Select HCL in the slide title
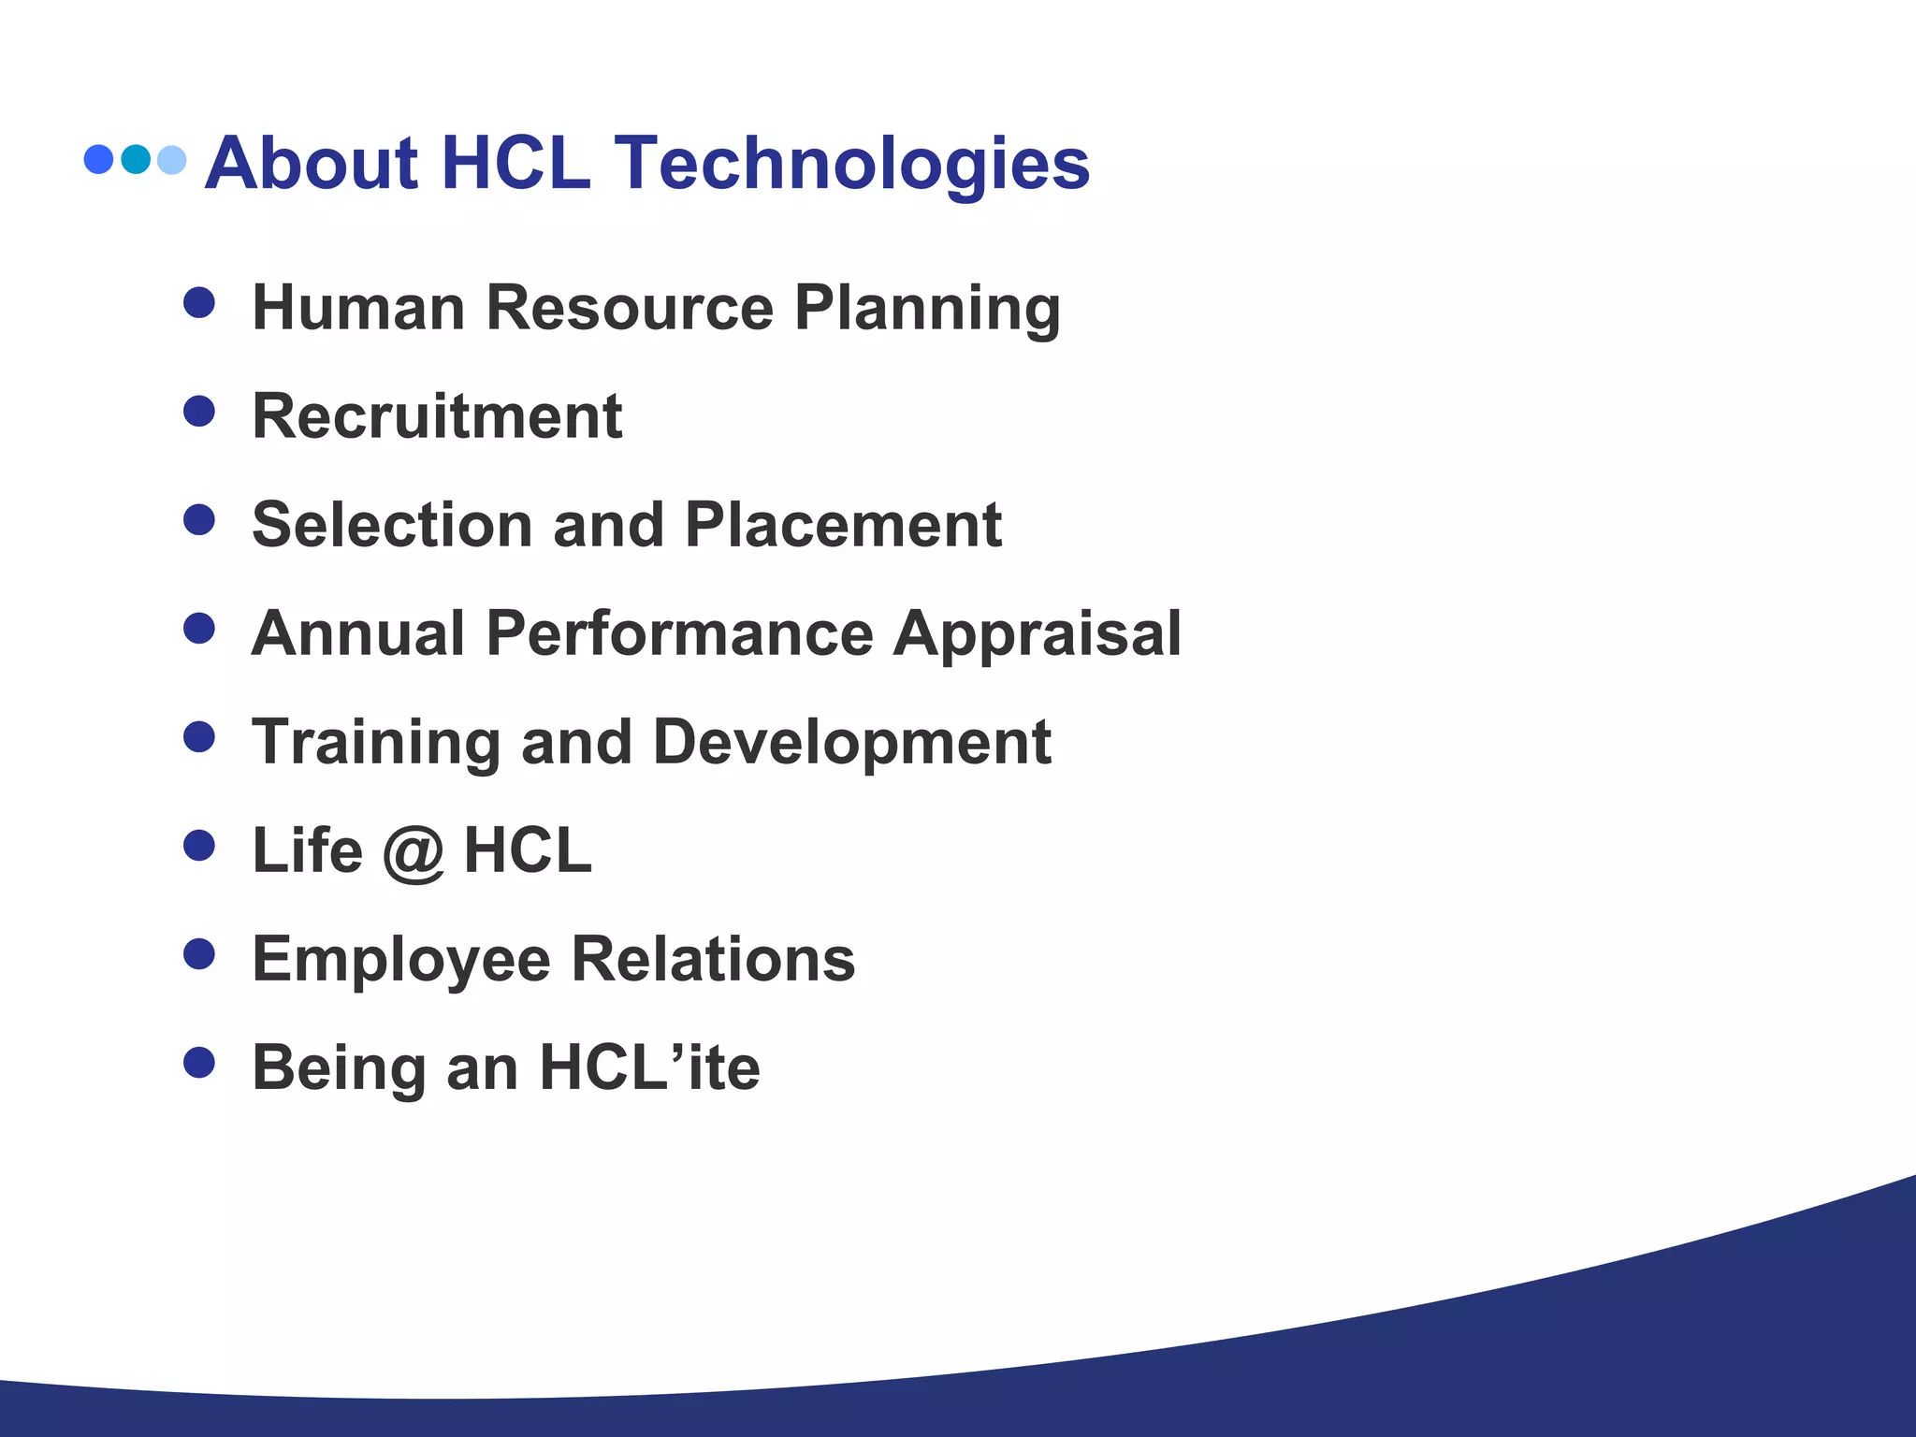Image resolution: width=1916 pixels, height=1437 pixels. pyautogui.click(x=515, y=164)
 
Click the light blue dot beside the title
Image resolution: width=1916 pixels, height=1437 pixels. pyautogui.click(x=172, y=160)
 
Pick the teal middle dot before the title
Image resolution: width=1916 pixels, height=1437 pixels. pyautogui.click(x=136, y=159)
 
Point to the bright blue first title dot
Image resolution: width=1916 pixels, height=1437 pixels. pyautogui.click(x=98, y=159)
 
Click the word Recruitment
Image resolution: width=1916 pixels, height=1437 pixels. pyautogui.click(x=437, y=416)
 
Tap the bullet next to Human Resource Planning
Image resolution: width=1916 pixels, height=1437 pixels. pyautogui.click(x=199, y=302)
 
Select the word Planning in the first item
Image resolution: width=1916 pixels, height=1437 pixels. pyautogui.click(x=927, y=309)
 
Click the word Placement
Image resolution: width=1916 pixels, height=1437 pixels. pyautogui.click(x=843, y=525)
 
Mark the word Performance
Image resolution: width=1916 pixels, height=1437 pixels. pyautogui.click(x=680, y=633)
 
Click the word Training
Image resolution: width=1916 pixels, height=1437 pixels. pyautogui.click(x=376, y=743)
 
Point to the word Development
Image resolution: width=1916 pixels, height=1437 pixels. pyautogui.click(x=851, y=743)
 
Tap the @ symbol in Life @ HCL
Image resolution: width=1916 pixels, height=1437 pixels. pyautogui.click(x=413, y=852)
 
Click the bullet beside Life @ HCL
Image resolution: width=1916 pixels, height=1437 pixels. pyautogui.click(x=199, y=846)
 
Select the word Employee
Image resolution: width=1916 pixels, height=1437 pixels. pyautogui.click(x=401, y=961)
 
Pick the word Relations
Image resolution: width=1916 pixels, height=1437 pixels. pyautogui.click(x=713, y=960)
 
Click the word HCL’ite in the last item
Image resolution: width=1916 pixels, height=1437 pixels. pyautogui.click(x=650, y=1067)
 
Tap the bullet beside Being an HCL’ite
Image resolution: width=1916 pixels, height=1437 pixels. pyautogui.click(x=199, y=1063)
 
